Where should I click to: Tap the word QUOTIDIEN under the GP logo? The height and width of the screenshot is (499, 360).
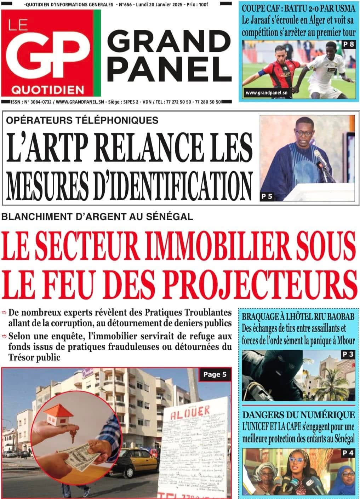coord(47,90)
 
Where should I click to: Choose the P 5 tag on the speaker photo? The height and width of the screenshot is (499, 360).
coord(267,196)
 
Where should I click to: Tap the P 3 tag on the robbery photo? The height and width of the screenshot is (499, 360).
coord(348,354)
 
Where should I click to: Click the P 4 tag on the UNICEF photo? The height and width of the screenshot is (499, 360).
coord(348,453)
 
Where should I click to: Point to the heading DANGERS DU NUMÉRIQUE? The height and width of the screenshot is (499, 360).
coord(298,414)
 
